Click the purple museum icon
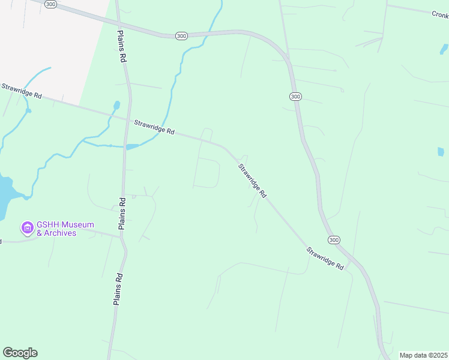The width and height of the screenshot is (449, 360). [27, 228]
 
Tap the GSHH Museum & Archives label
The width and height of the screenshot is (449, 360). [56, 229]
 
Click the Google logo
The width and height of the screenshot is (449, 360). [20, 353]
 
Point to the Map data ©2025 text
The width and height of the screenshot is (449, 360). [423, 355]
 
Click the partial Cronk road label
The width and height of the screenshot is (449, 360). [440, 14]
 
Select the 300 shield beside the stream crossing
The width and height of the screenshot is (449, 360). [181, 36]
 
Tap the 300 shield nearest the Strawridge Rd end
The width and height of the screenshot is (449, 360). [334, 239]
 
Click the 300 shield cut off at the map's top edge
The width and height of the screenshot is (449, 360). [51, 4]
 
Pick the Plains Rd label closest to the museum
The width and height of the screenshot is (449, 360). [122, 214]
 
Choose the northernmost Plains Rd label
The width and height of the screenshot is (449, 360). [121, 47]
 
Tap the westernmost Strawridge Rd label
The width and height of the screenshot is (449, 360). [21, 91]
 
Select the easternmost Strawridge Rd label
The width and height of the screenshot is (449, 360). [324, 258]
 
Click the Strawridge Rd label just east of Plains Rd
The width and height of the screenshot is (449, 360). [154, 127]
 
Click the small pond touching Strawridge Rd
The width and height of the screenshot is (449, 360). [132, 146]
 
